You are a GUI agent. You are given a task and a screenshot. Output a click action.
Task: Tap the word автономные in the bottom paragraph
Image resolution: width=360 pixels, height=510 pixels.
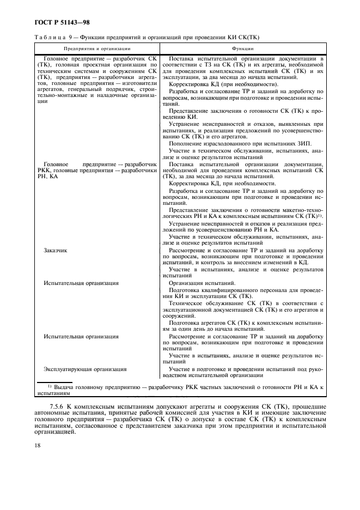click(54, 414)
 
